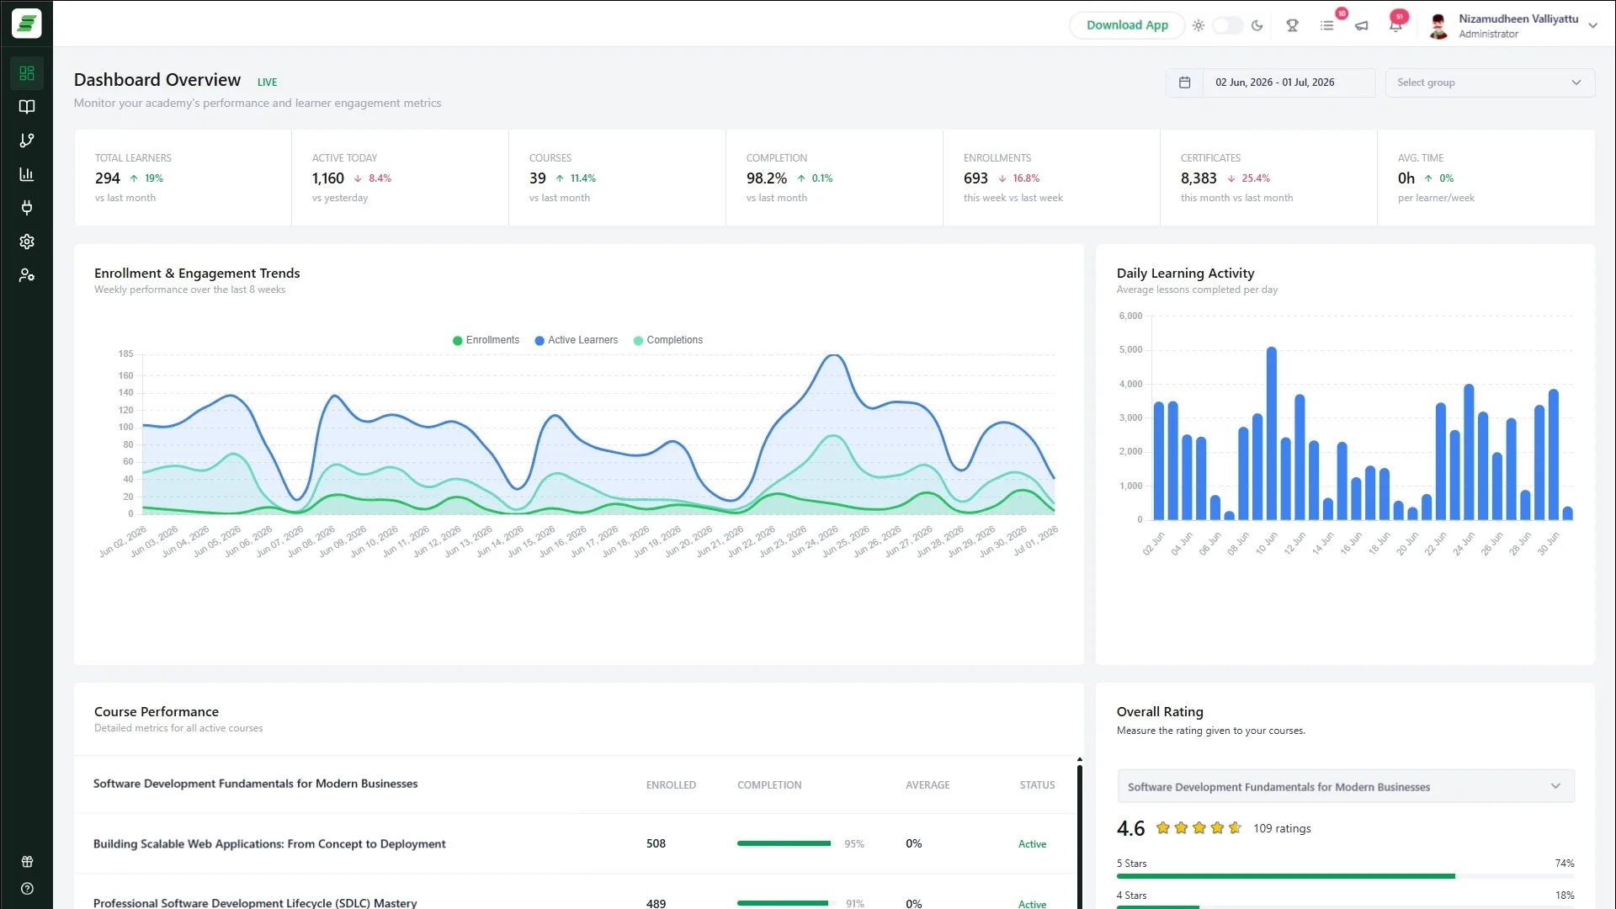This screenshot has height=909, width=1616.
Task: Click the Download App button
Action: [x=1127, y=25]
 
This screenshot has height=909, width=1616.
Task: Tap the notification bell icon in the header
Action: [x=1395, y=25]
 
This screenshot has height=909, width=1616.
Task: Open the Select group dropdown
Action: [x=1490, y=82]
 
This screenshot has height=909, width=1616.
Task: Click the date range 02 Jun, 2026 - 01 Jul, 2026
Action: [x=1274, y=82]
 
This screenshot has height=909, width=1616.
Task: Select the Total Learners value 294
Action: [x=108, y=178]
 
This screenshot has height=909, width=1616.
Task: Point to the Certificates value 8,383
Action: [x=1199, y=178]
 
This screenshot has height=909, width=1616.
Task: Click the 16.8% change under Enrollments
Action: [x=1026, y=178]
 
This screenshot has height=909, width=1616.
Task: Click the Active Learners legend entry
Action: [x=577, y=340]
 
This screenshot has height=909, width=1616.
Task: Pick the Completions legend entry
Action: [x=668, y=340]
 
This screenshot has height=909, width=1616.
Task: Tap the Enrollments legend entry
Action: [x=486, y=340]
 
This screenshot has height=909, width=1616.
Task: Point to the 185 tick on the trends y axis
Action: [x=125, y=354]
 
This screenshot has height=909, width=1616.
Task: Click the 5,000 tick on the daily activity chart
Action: [x=1130, y=350]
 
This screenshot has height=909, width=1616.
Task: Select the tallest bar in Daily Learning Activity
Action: [x=1272, y=433]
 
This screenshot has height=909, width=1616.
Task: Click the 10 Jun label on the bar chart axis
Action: [x=1266, y=543]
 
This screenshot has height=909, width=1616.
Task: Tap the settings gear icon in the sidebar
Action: [x=27, y=242]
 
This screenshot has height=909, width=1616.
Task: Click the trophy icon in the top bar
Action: [x=1292, y=25]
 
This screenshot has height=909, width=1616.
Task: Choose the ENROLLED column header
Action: [x=671, y=785]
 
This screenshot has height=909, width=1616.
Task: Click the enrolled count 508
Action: [x=656, y=844]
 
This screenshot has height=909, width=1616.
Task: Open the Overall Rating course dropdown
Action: [x=1346, y=787]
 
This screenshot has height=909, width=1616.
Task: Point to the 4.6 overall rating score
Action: [x=1130, y=829]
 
